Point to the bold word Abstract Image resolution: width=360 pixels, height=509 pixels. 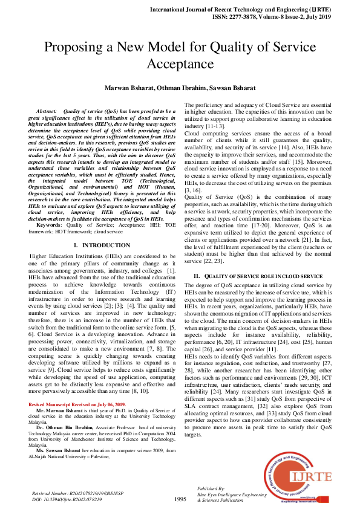(47, 112)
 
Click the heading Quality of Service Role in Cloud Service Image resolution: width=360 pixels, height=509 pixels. (258, 276)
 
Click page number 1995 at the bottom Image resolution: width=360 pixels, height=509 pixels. (180, 499)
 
